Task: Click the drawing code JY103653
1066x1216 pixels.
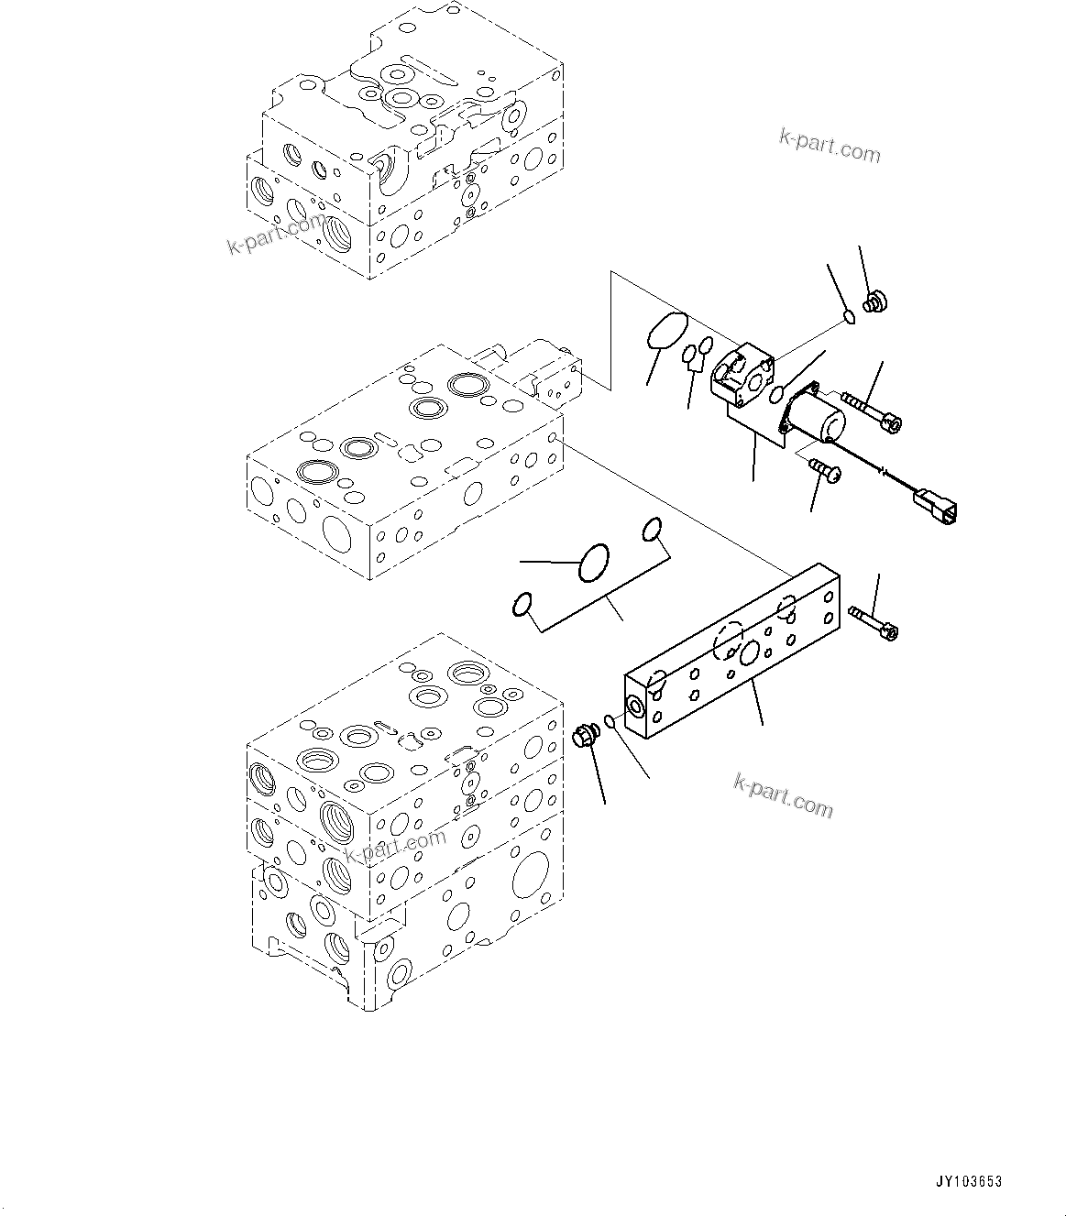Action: pos(969,1182)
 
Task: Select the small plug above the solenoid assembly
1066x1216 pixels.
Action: pos(875,301)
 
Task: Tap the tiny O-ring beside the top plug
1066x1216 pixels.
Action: pos(850,317)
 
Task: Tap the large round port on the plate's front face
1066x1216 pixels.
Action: pos(749,652)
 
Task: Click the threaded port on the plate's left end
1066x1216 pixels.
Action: pos(634,705)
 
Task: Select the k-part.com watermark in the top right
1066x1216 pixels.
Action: pos(829,145)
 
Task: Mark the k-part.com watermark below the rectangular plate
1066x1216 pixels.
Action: pos(783,794)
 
